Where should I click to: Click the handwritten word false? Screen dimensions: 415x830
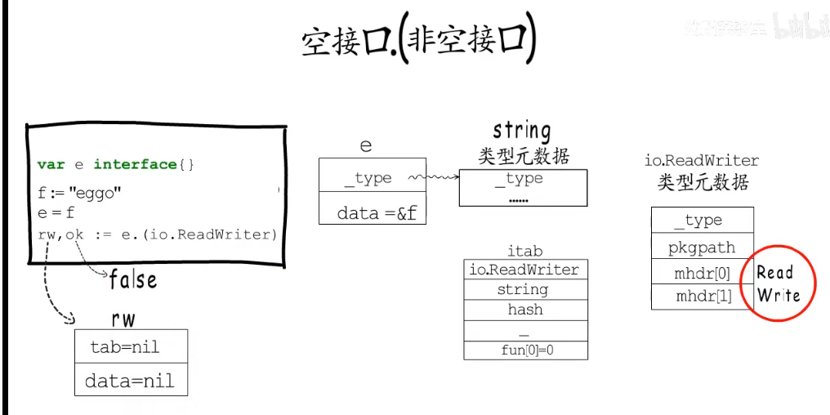(133, 280)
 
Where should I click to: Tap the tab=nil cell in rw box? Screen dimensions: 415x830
(131, 346)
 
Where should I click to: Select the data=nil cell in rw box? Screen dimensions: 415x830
(131, 380)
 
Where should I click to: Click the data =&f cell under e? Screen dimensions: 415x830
(372, 212)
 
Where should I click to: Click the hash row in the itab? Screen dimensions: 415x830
(524, 310)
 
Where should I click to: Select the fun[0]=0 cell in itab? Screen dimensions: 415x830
(524, 350)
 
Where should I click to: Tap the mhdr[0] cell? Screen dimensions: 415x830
(703, 274)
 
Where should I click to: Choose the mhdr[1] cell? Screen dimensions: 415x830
(703, 296)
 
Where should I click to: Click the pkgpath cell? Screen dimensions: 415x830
(703, 247)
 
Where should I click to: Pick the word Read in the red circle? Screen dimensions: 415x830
(774, 272)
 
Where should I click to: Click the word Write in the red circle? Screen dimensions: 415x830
(779, 295)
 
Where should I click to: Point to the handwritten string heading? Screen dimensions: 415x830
(522, 130)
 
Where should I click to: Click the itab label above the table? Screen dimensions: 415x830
(524, 251)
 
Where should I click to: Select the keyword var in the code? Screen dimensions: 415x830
(51, 164)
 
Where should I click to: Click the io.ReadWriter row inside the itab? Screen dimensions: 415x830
(524, 269)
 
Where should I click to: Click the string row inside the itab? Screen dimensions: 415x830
(524, 289)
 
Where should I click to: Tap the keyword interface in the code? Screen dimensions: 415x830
(135, 164)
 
